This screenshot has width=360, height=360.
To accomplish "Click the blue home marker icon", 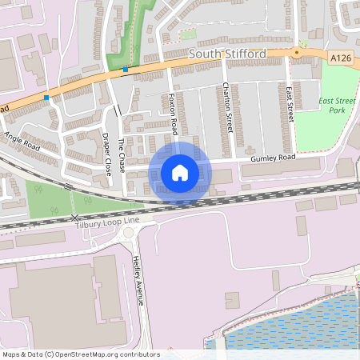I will click(x=180, y=172).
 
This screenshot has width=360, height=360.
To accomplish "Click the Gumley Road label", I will click(x=273, y=158).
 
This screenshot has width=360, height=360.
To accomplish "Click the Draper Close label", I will click(x=106, y=154).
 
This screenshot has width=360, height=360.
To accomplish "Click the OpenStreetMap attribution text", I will click(x=81, y=354).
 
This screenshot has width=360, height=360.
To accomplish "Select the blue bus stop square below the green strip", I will click(x=126, y=70).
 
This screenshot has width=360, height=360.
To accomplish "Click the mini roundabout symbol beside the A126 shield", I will click(x=296, y=53).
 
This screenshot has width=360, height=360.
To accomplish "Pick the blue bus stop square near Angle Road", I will click(x=46, y=98).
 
